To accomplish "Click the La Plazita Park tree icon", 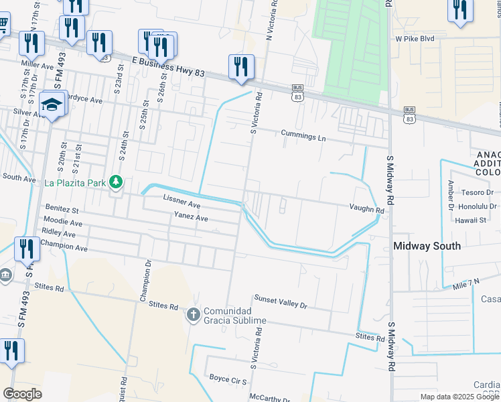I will click(116, 182).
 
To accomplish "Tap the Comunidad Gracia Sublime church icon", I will click(193, 314).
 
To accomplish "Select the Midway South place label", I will click(427, 246).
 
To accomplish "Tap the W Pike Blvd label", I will click(415, 39).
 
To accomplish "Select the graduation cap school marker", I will click(51, 105).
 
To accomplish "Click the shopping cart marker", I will click(2, 25).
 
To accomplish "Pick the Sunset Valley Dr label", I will click(280, 301).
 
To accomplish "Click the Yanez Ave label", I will click(191, 218).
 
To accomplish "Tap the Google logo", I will click(22, 393).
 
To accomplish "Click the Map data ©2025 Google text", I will click(459, 397).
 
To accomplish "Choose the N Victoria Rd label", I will click(274, 21).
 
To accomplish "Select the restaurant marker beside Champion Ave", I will click(26, 249).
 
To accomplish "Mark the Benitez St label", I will click(61, 210).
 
